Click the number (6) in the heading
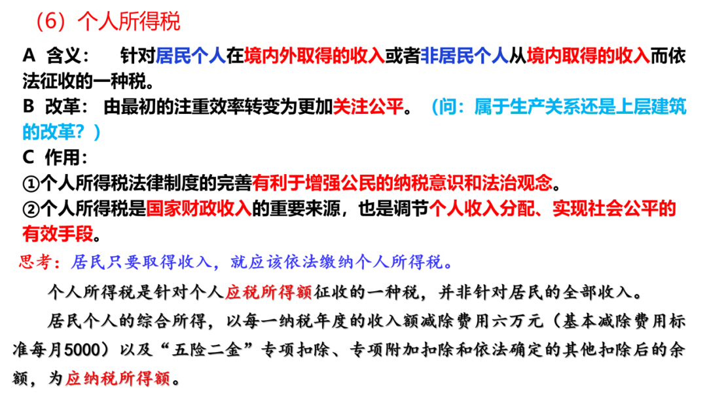[x=51, y=22]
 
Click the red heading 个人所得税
[x=129, y=22]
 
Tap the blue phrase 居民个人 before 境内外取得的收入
[x=190, y=56]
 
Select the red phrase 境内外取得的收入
[x=314, y=56]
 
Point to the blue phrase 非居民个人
[x=464, y=56]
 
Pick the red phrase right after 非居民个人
[x=588, y=56]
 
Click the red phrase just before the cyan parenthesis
[x=368, y=105]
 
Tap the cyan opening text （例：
[x=448, y=105]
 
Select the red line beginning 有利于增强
[x=403, y=182]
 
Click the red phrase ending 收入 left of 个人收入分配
[x=198, y=209]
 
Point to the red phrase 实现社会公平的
[x=614, y=209]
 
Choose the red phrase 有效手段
[x=58, y=232]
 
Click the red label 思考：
[x=40, y=263]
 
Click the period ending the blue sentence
[x=448, y=264]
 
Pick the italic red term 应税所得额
[x=268, y=292]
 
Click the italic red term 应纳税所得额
[x=117, y=378]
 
